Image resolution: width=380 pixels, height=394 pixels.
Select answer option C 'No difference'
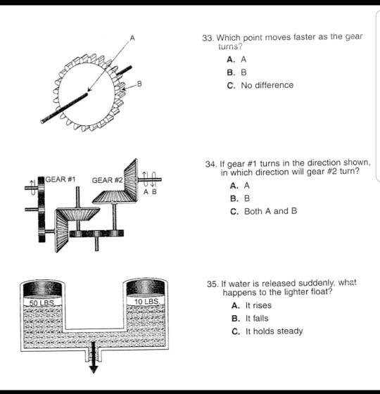(260, 85)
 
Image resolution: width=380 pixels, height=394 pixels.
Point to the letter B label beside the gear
(139, 85)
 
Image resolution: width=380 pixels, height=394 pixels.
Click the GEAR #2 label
(107, 180)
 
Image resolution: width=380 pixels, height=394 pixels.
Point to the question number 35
(213, 284)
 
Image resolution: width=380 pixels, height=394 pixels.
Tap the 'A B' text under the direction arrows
(151, 191)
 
